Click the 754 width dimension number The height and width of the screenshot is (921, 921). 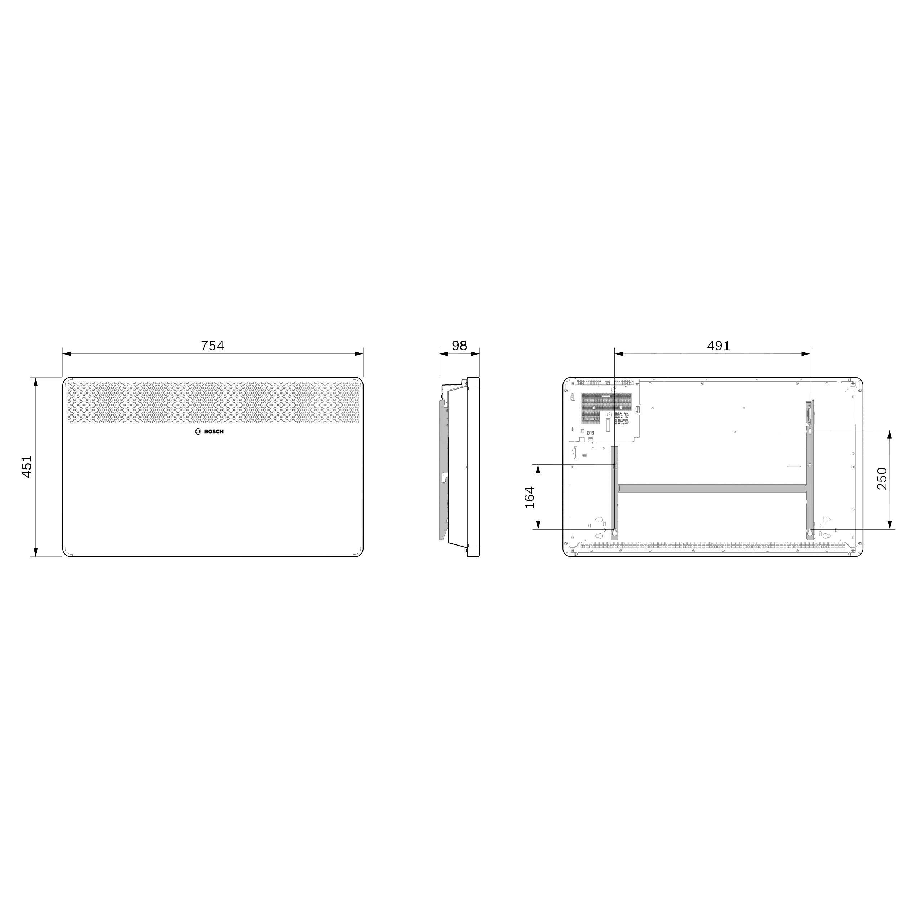(212, 345)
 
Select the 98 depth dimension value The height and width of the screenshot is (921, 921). (459, 345)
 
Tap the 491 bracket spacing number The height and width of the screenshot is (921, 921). (718, 345)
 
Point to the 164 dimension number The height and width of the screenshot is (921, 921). (530, 497)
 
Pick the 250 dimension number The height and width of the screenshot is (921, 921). (882, 478)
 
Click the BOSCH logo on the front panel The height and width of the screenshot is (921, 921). (209, 431)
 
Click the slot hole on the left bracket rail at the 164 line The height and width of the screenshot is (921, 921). (614, 465)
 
